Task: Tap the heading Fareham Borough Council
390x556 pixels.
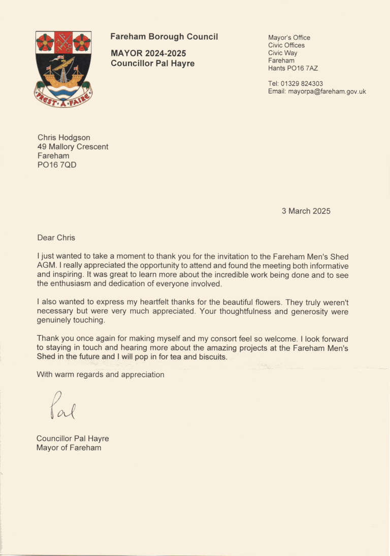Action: point(164,37)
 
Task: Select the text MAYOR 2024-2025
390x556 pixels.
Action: point(148,53)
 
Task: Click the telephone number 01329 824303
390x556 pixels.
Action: point(302,84)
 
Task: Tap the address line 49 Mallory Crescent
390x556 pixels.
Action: point(73,147)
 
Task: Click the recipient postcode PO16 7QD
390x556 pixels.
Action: point(57,165)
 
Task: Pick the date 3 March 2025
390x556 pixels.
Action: point(306,211)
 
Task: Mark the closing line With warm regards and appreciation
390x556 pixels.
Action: point(101,375)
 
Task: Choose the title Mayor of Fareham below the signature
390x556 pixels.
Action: point(69,447)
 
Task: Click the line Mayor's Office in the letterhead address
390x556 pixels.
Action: point(289,38)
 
